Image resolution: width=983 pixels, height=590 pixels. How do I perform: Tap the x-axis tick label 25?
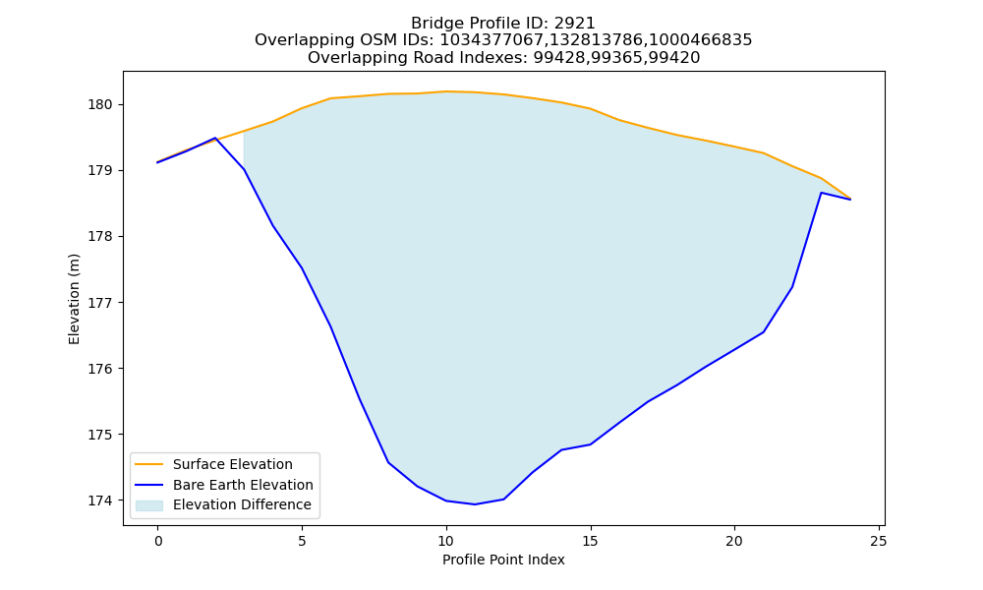click(x=879, y=541)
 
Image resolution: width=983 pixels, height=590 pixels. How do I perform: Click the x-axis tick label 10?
click(x=446, y=541)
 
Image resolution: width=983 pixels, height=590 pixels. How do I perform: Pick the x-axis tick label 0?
click(x=158, y=541)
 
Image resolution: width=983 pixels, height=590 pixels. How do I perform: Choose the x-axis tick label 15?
click(x=591, y=541)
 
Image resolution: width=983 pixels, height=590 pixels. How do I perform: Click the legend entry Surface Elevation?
click(x=233, y=464)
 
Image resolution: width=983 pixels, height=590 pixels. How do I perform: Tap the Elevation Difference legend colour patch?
click(x=149, y=505)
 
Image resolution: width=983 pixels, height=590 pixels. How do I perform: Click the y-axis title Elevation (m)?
click(x=74, y=299)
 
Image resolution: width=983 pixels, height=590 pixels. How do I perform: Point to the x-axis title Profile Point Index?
click(x=503, y=560)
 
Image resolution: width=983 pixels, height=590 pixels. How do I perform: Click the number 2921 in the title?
click(x=574, y=24)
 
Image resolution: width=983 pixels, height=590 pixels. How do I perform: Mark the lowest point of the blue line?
click(x=475, y=504)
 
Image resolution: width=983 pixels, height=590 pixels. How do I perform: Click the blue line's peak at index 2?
click(x=215, y=138)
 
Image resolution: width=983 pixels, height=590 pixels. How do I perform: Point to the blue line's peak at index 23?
click(x=821, y=193)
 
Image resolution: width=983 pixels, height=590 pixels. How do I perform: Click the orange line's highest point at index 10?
click(x=446, y=91)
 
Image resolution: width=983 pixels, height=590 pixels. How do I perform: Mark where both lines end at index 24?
click(x=850, y=199)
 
